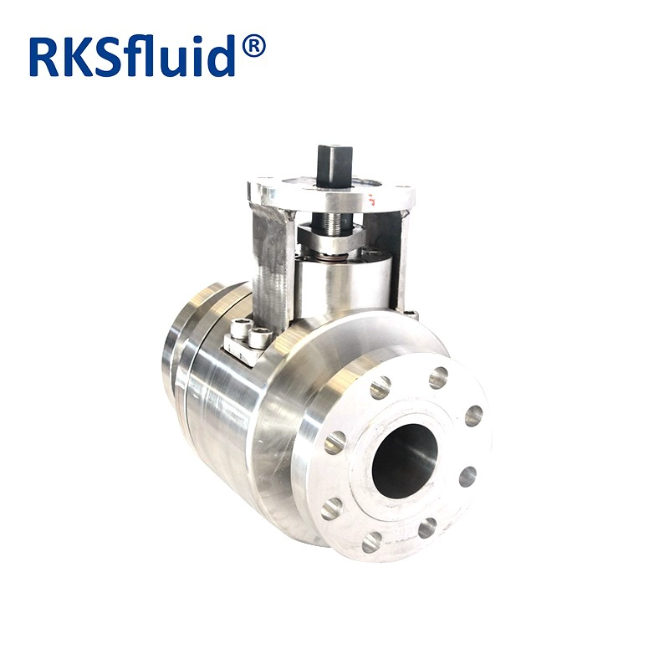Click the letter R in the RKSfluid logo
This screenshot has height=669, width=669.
tap(44, 57)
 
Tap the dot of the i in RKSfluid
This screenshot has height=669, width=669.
tap(197, 41)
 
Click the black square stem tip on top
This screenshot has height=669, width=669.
tap(335, 160)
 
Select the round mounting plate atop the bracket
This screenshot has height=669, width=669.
tap(331, 193)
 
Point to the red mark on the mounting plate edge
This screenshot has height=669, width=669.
tap(372, 199)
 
